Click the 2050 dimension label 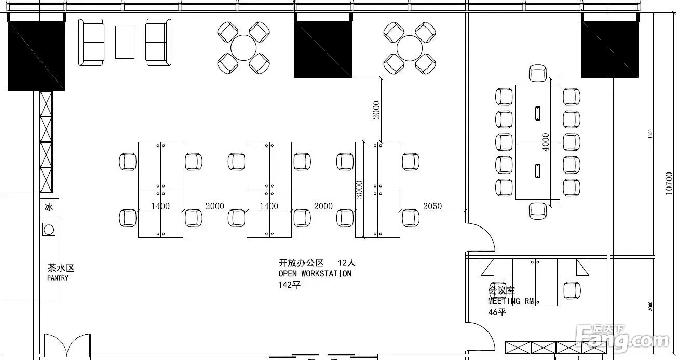[432, 206]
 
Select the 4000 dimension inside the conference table [545, 142]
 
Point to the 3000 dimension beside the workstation [358, 190]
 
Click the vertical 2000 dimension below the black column [376, 110]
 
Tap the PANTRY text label [58, 278]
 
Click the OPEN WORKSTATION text [315, 273]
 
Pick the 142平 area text [289, 284]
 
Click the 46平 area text [496, 312]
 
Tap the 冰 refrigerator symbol [49, 207]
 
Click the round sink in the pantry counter [49, 229]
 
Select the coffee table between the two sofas [125, 42]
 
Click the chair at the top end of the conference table [538, 73]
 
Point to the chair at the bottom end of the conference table [538, 210]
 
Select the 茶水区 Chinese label [61, 268]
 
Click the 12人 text [346, 263]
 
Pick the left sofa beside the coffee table [91, 42]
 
